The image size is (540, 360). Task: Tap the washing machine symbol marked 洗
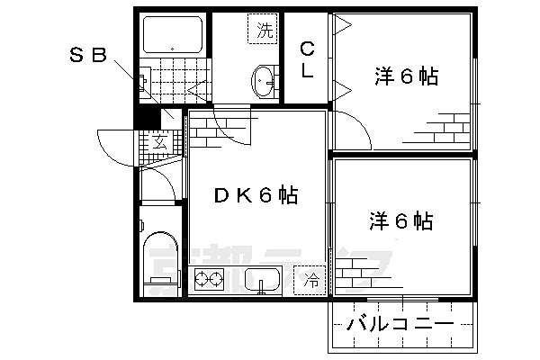(x=263, y=30)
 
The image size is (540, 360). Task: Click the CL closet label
(x=307, y=60)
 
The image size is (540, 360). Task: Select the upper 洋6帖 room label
(x=406, y=77)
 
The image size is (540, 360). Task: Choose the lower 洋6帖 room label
(x=400, y=220)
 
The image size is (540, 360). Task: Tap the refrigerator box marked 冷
(x=310, y=280)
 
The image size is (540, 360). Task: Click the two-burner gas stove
(x=210, y=281)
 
